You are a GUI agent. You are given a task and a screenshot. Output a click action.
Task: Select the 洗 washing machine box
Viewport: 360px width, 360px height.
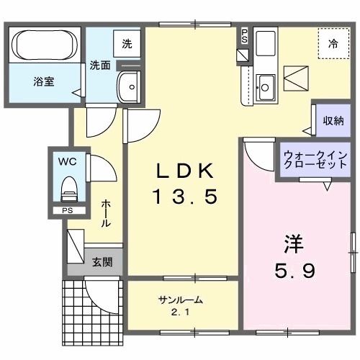tap(127, 42)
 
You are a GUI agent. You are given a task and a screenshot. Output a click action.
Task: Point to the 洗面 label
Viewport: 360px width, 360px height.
tap(99, 65)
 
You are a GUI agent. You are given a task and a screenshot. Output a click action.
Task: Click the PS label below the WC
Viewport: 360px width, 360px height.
tap(67, 211)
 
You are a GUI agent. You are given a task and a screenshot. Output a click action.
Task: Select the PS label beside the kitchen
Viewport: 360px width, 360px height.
tap(244, 35)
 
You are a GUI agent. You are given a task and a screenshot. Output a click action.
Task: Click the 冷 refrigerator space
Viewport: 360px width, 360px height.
tap(333, 43)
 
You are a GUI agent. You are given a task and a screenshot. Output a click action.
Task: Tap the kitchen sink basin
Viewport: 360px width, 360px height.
tap(266, 88)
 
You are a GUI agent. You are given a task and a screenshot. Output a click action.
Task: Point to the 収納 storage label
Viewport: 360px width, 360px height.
tap(333, 121)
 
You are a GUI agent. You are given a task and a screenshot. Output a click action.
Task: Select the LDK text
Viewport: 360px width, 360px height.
tap(184, 171)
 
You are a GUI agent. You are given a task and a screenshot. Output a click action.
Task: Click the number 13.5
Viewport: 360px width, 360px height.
tap(184, 196)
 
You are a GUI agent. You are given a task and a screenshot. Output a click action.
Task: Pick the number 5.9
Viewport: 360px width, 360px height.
tap(295, 270)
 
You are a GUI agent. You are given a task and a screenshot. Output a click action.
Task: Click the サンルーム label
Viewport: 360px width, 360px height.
tap(180, 300)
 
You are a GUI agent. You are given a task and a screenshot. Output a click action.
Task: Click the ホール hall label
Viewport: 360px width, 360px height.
tap(106, 213)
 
